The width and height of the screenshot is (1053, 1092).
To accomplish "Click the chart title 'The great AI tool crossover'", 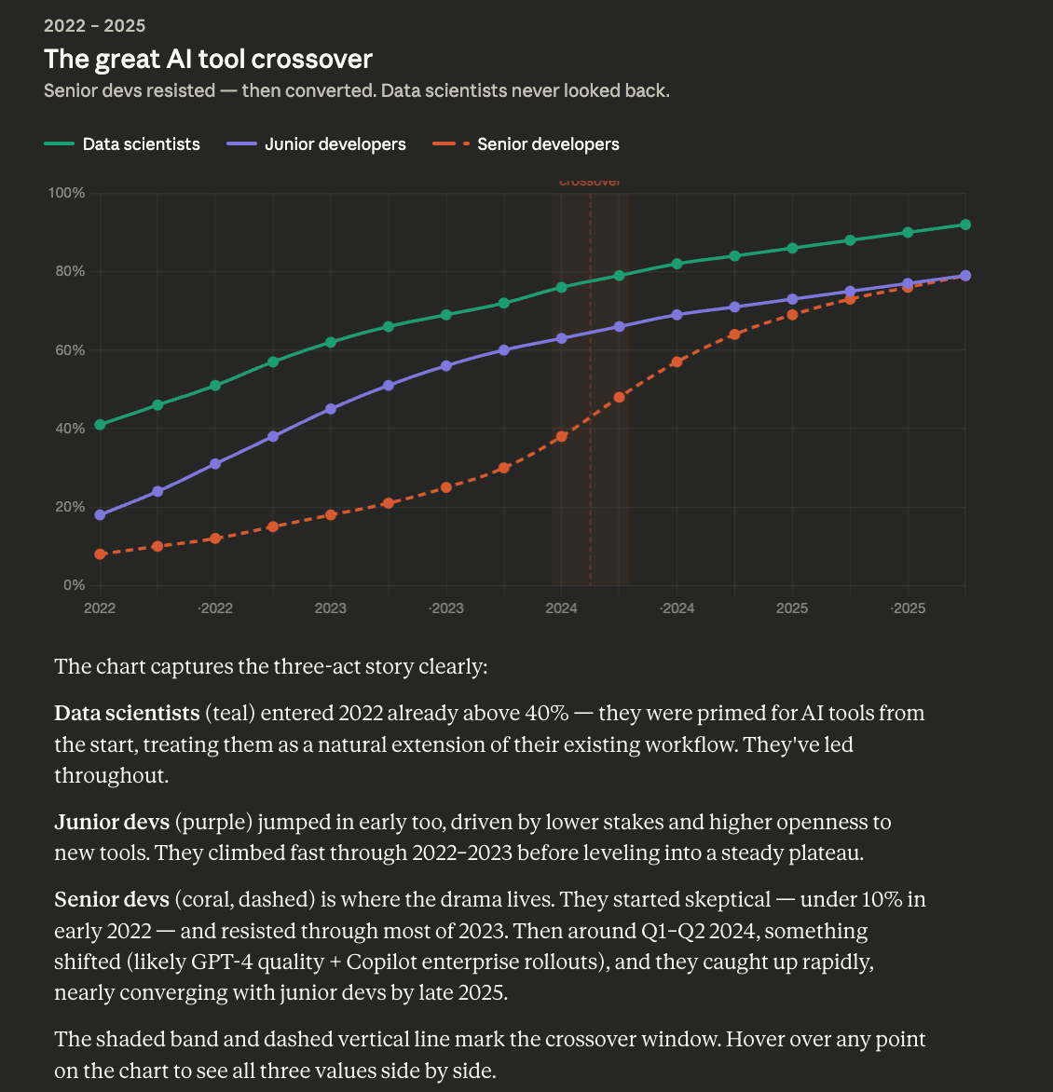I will [x=208, y=60].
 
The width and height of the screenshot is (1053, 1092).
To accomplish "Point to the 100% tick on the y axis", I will [x=66, y=193].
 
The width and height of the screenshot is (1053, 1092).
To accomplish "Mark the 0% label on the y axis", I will [x=74, y=585].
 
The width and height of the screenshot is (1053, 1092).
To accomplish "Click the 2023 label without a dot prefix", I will [x=330, y=608].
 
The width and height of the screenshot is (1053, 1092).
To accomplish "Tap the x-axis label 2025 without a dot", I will [x=792, y=608].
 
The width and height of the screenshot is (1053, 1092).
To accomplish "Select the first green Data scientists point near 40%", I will [x=100, y=425].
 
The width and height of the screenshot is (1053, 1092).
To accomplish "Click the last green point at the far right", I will [x=965, y=225].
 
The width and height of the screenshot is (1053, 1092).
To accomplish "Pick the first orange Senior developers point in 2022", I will [x=100, y=554].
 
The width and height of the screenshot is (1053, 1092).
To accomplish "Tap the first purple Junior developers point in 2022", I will [x=100, y=515].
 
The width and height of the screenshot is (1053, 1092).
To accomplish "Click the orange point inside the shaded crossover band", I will [x=561, y=436].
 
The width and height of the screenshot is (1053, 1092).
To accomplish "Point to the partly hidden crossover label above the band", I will [x=590, y=183].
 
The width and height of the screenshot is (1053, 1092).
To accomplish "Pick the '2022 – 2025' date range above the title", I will [x=94, y=26].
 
